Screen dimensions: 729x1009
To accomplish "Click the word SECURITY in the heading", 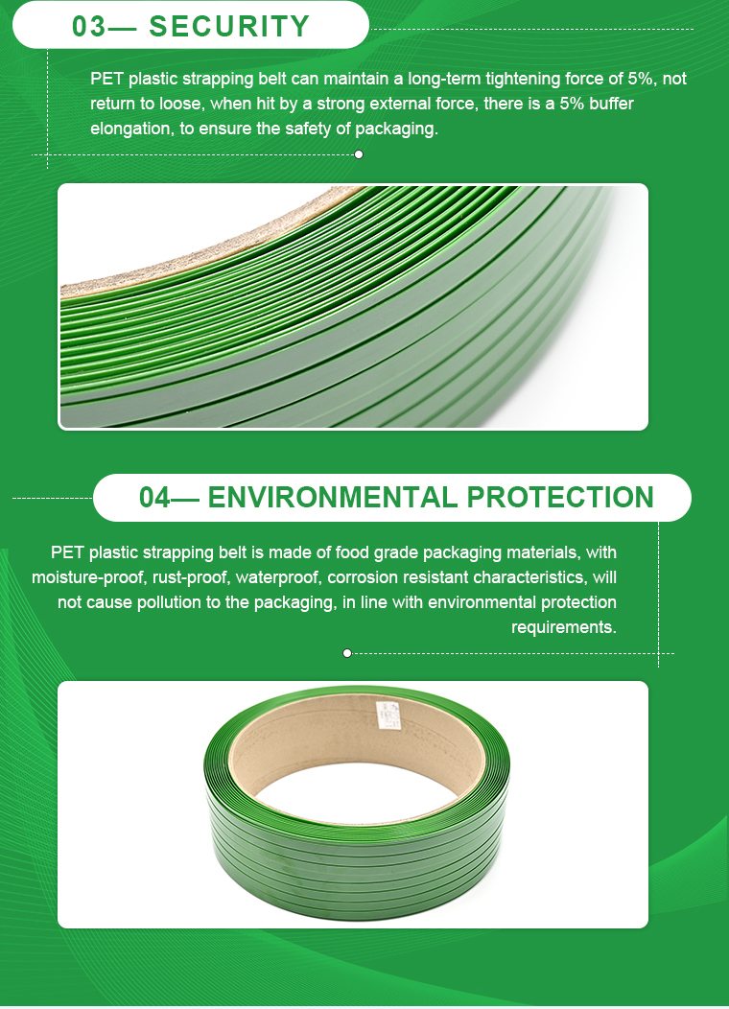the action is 229,27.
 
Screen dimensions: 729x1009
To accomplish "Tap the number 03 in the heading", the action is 89,27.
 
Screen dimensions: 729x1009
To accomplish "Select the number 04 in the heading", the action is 155,498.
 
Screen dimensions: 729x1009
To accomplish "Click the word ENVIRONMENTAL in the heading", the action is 332,498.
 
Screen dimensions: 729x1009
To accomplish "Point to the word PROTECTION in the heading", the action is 560,498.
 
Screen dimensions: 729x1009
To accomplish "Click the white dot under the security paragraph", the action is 359,154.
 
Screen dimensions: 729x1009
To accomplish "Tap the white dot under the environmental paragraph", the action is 347,653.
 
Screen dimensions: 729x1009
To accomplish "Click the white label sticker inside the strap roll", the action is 388,715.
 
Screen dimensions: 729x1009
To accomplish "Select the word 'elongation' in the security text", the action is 130,129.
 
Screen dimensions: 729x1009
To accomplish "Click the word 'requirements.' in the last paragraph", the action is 564,626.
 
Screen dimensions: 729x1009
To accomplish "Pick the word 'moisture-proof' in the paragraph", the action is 89,577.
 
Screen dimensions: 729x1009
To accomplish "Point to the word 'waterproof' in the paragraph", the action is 277,577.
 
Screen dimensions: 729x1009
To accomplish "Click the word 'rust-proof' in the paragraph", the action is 191,577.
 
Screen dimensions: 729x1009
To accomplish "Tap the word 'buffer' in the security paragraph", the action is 611,104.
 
